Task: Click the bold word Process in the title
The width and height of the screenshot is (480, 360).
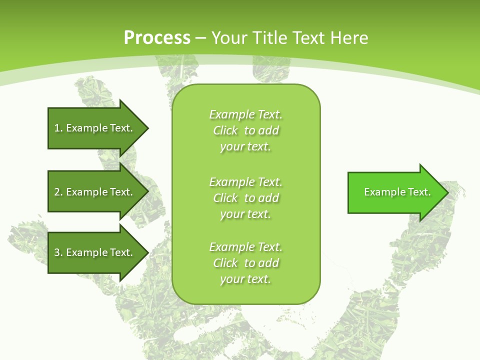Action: (x=157, y=38)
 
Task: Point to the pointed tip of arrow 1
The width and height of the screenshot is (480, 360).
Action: (x=147, y=128)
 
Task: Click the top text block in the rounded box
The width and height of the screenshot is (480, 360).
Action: (x=245, y=130)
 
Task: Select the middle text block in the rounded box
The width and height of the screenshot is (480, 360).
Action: (x=245, y=198)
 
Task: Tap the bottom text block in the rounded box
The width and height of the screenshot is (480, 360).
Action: (x=245, y=263)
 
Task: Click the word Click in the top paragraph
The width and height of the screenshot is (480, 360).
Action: (x=225, y=130)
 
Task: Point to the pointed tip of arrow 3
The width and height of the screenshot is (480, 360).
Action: (x=147, y=252)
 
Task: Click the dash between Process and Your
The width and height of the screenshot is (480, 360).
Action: (x=200, y=38)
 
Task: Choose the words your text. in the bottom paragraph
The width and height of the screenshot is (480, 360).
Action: (x=245, y=279)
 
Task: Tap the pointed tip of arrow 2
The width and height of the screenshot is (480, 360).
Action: (x=147, y=192)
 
